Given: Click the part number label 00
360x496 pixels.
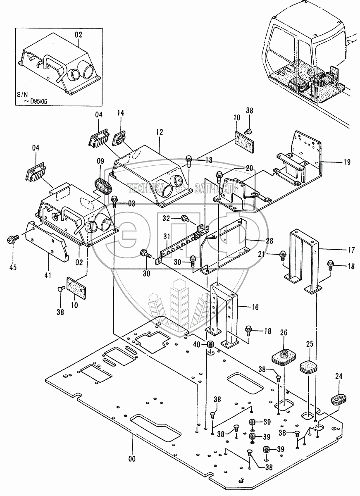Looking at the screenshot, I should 132,458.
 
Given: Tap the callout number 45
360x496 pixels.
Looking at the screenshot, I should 13,267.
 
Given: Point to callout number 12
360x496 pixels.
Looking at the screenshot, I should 160,132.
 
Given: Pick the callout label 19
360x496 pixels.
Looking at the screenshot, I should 346,162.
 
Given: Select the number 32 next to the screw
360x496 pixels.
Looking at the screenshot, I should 166,218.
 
